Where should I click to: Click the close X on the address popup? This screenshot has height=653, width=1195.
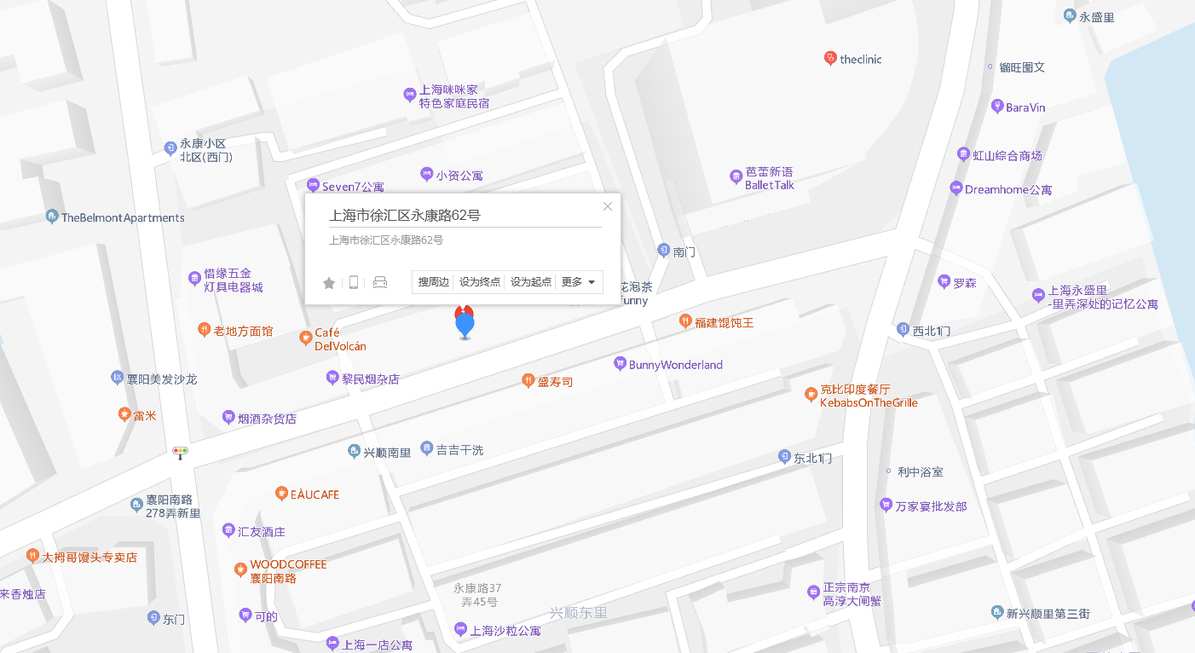coord(608,206)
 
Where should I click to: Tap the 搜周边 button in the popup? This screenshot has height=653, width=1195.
coord(434,282)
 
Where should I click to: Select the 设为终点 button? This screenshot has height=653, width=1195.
coord(480,282)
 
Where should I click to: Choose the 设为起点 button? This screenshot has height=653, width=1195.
coord(530,282)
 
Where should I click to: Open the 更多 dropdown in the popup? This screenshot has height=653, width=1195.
coord(579,282)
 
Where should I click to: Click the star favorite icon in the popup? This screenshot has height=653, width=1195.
coord(329,283)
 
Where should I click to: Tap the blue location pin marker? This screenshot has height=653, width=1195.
coord(465,326)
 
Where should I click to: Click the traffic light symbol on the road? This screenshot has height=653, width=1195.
coord(181,452)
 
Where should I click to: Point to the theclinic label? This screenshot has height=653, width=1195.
coord(860,60)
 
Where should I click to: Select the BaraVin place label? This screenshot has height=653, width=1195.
coord(1025,107)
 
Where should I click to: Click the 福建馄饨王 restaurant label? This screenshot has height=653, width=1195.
coord(724,322)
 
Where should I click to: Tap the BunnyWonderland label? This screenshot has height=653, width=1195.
coord(675,365)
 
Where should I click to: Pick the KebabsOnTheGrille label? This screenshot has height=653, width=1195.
coord(869,402)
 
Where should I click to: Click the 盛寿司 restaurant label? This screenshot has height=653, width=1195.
coord(555,382)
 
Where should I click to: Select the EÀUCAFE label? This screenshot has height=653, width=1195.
coord(315,494)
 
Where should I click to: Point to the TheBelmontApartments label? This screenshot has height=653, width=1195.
coord(123,218)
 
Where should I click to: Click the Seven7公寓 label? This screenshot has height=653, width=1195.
coord(352,187)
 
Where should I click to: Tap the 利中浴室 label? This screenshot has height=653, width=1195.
coord(920,471)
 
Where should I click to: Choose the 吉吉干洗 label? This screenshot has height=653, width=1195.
coord(459,450)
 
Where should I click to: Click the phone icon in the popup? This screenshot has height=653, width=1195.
coord(354,283)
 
